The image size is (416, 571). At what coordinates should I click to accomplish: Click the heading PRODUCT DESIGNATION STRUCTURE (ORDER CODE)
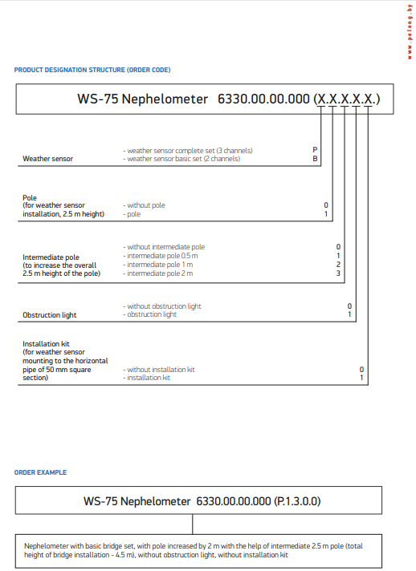click(x=92, y=70)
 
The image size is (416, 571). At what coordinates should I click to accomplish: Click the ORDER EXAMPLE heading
click(x=40, y=472)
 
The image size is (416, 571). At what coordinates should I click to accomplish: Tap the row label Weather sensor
click(x=47, y=159)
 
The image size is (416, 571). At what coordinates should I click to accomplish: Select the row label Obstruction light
click(x=48, y=315)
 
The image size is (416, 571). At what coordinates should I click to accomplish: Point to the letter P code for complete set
click(x=316, y=150)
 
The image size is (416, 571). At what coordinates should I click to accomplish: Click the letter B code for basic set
click(x=316, y=159)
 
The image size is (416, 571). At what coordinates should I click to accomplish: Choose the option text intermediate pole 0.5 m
click(x=159, y=256)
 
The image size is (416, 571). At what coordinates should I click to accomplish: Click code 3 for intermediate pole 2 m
click(x=339, y=273)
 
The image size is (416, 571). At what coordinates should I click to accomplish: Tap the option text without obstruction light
click(x=162, y=306)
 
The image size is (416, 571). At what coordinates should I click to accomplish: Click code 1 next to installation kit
click(x=361, y=378)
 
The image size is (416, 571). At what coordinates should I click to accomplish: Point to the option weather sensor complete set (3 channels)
click(x=188, y=150)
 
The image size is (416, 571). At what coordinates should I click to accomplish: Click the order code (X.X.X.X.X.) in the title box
click(x=347, y=99)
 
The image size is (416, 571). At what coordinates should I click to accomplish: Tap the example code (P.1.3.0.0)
click(x=297, y=501)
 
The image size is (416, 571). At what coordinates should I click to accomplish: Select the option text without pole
click(x=145, y=205)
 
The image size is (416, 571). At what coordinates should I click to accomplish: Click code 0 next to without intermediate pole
click(x=339, y=247)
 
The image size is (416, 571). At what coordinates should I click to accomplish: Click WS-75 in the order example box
click(x=100, y=501)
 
